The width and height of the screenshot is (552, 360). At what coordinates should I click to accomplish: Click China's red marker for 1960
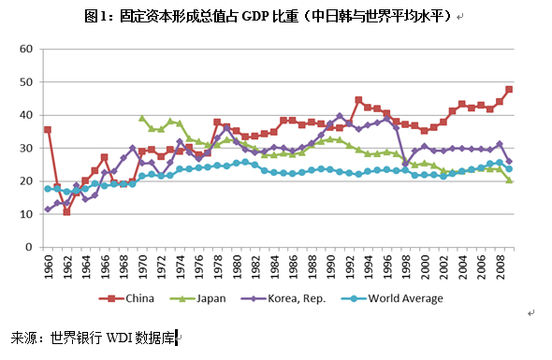[x=48, y=129]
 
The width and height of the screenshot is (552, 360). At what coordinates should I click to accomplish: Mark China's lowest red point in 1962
[x=66, y=212]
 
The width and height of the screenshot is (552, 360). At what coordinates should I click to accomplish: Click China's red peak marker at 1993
[x=358, y=100]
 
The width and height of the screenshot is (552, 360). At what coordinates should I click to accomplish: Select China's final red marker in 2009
[x=509, y=90]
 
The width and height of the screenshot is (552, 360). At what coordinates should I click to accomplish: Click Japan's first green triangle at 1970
[x=142, y=119]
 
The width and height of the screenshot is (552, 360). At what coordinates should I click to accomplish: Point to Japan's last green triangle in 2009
[x=509, y=180]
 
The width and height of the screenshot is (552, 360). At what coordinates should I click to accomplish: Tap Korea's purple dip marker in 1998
[x=405, y=164]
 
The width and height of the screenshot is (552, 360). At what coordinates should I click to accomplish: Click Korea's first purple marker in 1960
[x=48, y=209]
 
